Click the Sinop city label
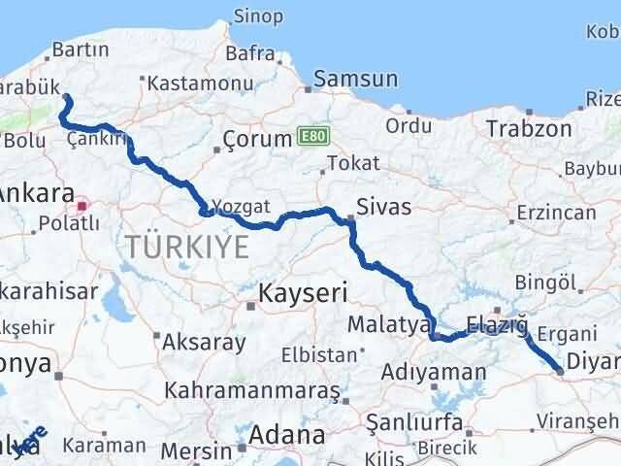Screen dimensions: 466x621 click(x=258, y=17)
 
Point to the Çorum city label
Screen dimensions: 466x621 click(x=257, y=139)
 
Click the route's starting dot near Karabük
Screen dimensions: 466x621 click(x=66, y=96)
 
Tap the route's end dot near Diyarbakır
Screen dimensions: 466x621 click(x=560, y=369)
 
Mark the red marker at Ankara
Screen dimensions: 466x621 click(x=82, y=205)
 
